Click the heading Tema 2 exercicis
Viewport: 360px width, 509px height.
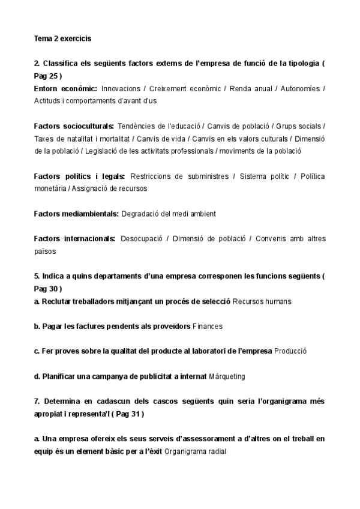click(x=62, y=39)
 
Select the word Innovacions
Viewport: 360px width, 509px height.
click(x=121, y=88)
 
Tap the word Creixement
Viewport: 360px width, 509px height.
click(x=172, y=88)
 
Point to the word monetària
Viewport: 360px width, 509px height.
click(x=50, y=188)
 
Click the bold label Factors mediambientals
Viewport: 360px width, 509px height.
click(x=77, y=214)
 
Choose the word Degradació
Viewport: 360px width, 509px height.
click(x=142, y=214)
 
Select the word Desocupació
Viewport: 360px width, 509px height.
click(x=141, y=239)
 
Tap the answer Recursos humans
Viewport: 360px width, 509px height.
click(x=262, y=301)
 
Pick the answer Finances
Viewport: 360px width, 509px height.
click(x=208, y=327)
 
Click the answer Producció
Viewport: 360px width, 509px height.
click(x=290, y=351)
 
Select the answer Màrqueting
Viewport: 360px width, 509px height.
click(x=227, y=376)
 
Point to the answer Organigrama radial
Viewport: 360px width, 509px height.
click(x=196, y=451)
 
